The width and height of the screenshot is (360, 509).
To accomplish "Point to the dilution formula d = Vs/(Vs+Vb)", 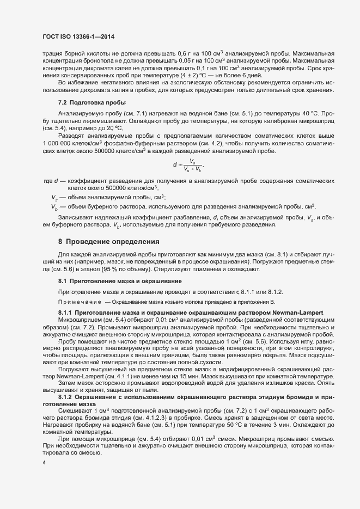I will (188, 164).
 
